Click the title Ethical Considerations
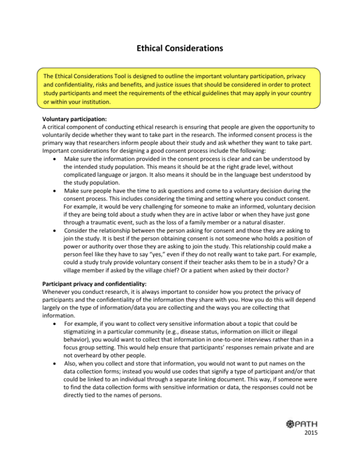(180, 47)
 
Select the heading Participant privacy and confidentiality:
(89, 297)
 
